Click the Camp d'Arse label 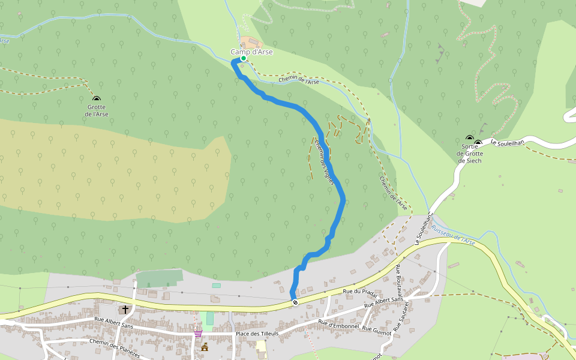click(251, 52)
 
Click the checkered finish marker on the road click(294, 302)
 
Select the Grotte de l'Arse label click(96, 111)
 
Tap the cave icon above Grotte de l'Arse click(96, 99)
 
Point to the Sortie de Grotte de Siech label click(470, 154)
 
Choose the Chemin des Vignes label click(323, 163)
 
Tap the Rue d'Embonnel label click(338, 325)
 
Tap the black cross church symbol click(125, 310)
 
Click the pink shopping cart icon click(198, 334)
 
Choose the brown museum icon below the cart click(205, 347)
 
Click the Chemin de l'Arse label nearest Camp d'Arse click(299, 81)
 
